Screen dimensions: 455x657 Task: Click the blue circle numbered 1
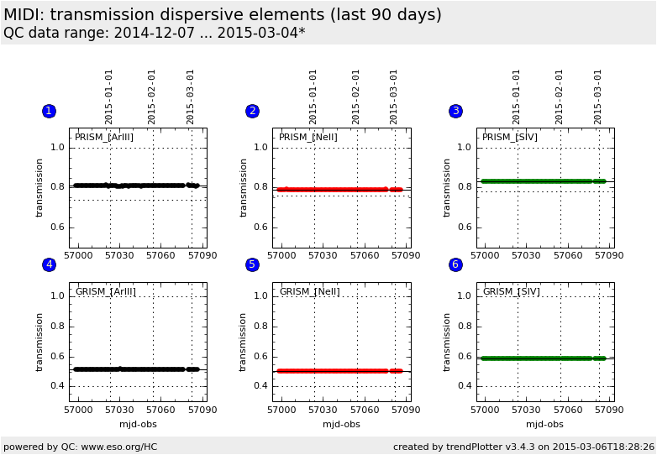pyautogui.click(x=49, y=112)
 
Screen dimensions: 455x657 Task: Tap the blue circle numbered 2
pyautogui.click(x=252, y=112)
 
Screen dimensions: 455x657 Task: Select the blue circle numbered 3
pyautogui.click(x=455, y=112)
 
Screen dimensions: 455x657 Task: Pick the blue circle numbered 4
pyautogui.click(x=49, y=265)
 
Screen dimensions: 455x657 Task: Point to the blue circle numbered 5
pyautogui.click(x=252, y=265)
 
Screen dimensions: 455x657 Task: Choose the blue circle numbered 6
pyautogui.click(x=455, y=265)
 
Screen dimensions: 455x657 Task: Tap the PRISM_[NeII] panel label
pyautogui.click(x=307, y=138)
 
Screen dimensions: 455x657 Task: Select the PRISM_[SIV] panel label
pyautogui.click(x=510, y=138)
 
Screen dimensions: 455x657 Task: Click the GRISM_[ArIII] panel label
pyautogui.click(x=105, y=292)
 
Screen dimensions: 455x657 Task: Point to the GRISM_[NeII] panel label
pyautogui.click(x=309, y=292)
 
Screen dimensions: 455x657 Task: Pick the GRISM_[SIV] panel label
pyautogui.click(x=511, y=292)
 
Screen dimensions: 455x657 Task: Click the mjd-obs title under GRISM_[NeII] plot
pyautogui.click(x=341, y=425)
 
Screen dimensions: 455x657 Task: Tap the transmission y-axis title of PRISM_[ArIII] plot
pyautogui.click(x=39, y=188)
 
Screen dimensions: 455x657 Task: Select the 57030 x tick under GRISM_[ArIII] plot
pyautogui.click(x=119, y=410)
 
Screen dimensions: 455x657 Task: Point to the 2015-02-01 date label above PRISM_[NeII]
pyautogui.click(x=356, y=97)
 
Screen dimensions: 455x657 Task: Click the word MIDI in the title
pyautogui.click(x=25, y=15)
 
